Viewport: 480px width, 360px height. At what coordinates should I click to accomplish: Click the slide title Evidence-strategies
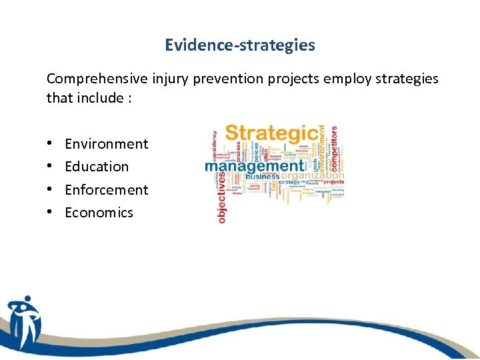(240, 45)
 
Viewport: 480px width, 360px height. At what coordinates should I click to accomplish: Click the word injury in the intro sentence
(169, 79)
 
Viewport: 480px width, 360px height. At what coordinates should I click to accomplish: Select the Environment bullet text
(107, 144)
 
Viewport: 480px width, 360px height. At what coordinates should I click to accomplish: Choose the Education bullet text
(97, 167)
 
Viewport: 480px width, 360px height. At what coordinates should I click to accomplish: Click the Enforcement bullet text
(107, 190)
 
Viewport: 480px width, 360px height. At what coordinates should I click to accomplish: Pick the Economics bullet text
(99, 213)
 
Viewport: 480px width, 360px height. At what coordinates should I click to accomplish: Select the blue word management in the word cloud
(253, 165)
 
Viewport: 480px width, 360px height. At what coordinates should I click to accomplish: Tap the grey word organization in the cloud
(313, 177)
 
